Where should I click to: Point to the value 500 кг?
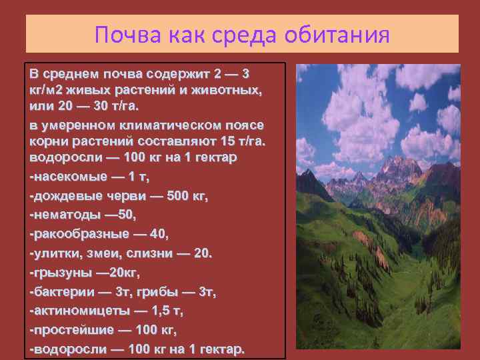click(x=186, y=196)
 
